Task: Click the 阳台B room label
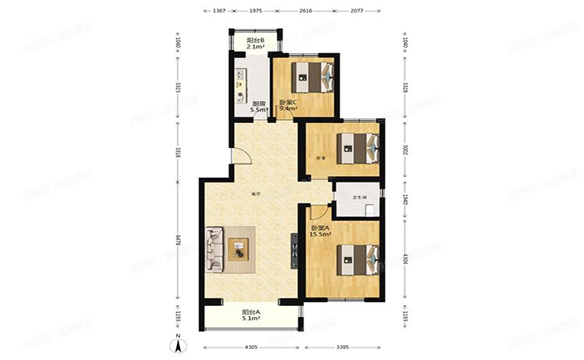click(255, 44)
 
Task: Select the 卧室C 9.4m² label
click(288, 106)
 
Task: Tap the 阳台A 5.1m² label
click(251, 315)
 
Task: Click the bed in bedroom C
click(313, 77)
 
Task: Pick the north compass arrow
click(179, 341)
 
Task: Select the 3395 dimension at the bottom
click(342, 347)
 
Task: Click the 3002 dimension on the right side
click(405, 150)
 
